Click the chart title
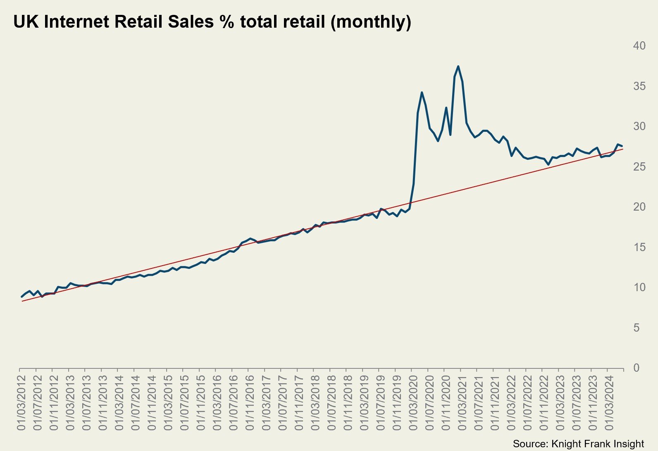coord(212,21)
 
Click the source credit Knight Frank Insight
coord(578,444)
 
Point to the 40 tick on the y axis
coord(639,46)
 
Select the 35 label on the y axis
coord(639,86)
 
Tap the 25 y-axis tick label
coord(639,167)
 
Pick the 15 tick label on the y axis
coord(639,247)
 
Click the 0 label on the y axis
coord(636,368)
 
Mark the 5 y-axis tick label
coord(636,328)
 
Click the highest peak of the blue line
coord(458,66)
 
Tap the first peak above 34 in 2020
coord(422,93)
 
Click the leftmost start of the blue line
coord(22,297)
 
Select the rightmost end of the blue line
coord(622,146)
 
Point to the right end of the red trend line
coord(623,149)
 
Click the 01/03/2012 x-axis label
coord(21,403)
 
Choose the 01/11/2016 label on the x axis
coord(250,403)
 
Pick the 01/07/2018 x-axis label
coord(331,403)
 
